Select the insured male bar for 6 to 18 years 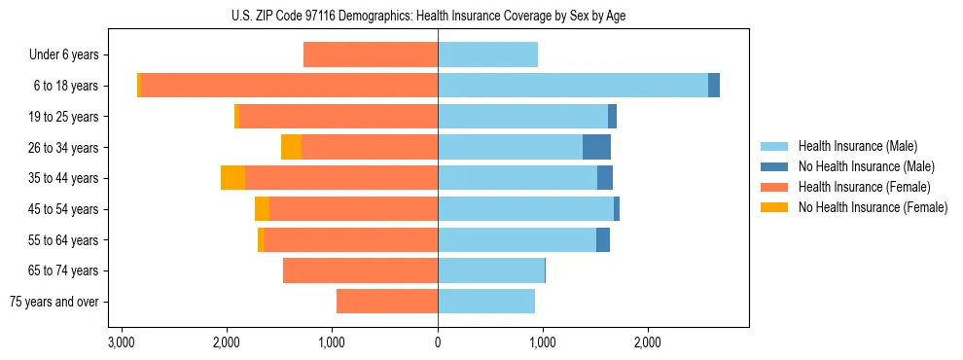pos(573,86)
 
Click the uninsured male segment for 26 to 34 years pos(596,147)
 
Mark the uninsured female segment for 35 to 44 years pos(232,178)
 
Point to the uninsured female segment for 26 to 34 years pos(291,147)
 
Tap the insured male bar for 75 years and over pos(486,302)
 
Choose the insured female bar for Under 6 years pos(371,55)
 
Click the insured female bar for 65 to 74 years pos(360,270)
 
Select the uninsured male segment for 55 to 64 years pos(603,239)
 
